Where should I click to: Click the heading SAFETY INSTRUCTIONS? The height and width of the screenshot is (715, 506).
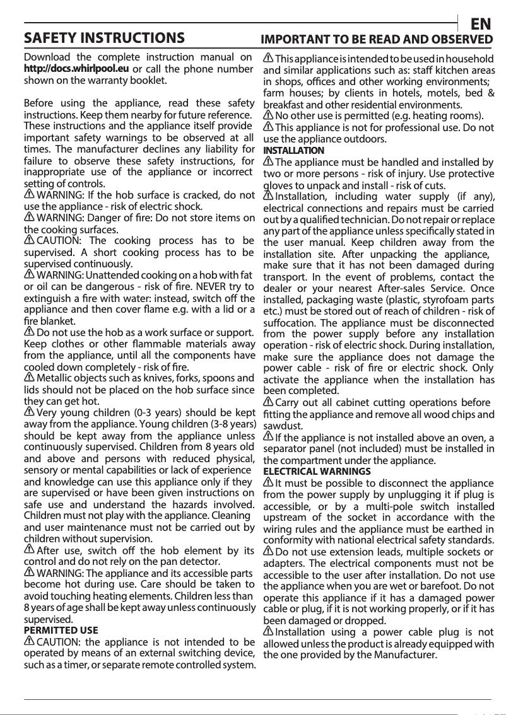click(104, 38)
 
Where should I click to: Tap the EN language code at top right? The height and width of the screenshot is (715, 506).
click(481, 25)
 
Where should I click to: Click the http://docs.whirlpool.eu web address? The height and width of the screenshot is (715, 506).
click(76, 69)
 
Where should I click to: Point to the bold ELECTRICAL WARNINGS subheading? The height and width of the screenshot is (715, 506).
click(317, 471)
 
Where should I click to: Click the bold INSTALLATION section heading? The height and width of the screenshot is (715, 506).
click(293, 151)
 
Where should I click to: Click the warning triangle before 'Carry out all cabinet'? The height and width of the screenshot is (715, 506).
click(268, 402)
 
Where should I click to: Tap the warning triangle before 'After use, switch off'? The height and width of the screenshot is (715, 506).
click(29, 550)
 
